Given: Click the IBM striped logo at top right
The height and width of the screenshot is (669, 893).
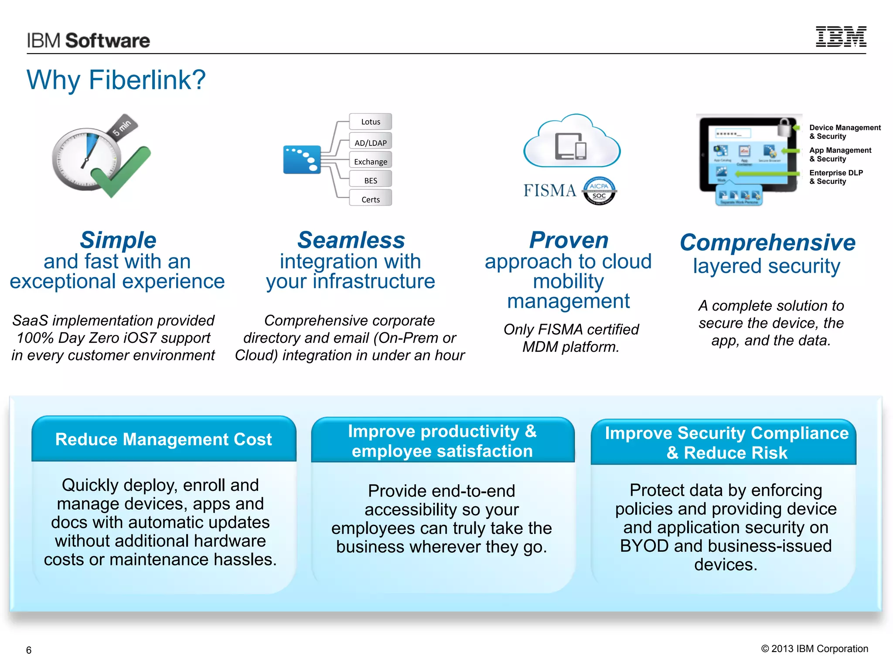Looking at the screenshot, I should click(x=841, y=37).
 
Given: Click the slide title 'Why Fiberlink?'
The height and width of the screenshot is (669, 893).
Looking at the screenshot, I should click(x=116, y=80).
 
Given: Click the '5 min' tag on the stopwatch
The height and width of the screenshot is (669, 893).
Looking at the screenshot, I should click(x=123, y=126).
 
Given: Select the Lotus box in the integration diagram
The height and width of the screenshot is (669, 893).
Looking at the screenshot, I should click(x=370, y=122).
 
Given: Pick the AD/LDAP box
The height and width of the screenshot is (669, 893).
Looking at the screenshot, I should click(x=370, y=142).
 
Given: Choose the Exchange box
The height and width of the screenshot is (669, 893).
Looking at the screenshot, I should click(x=370, y=161).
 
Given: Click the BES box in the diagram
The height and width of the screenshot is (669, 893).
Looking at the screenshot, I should click(x=370, y=180).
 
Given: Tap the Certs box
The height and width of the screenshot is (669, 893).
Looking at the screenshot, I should click(x=370, y=199).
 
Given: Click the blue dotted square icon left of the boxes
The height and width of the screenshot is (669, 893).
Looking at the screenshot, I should click(x=302, y=159).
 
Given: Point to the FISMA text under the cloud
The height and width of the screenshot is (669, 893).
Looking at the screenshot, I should click(x=549, y=191).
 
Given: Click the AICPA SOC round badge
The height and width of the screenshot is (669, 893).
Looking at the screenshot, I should click(x=599, y=191).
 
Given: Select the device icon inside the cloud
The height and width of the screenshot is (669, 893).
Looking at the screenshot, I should click(x=571, y=146).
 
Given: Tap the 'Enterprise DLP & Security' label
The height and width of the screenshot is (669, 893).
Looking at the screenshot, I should click(x=835, y=177).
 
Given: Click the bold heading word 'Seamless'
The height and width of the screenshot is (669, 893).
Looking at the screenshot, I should click(x=351, y=240).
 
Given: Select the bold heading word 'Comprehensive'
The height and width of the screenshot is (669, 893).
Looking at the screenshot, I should click(x=767, y=242).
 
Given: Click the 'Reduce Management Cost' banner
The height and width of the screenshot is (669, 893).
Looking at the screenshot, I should click(x=164, y=439).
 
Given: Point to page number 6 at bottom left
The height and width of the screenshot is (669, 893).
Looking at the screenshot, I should click(x=29, y=650).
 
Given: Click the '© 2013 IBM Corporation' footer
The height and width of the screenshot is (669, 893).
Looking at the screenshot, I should click(x=814, y=649).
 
